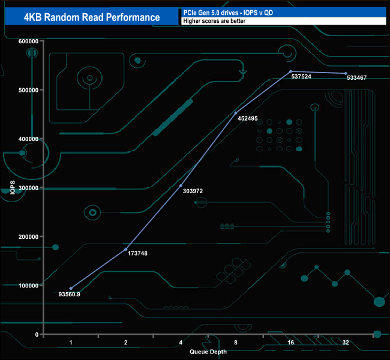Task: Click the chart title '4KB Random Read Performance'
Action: point(92,17)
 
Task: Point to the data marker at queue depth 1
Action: point(71,289)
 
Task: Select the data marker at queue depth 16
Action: point(290,71)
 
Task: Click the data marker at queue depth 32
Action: point(346,73)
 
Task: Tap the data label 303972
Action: point(191,191)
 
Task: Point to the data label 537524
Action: point(302,77)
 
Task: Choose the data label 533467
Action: point(356,78)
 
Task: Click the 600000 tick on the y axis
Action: point(28,41)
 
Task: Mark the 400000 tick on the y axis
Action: point(28,139)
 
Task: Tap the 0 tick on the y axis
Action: point(36,334)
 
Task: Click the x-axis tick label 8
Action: point(236,343)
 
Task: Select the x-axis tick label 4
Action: point(181,343)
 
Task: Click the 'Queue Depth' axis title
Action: point(208,352)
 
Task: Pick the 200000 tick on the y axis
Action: point(28,237)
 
